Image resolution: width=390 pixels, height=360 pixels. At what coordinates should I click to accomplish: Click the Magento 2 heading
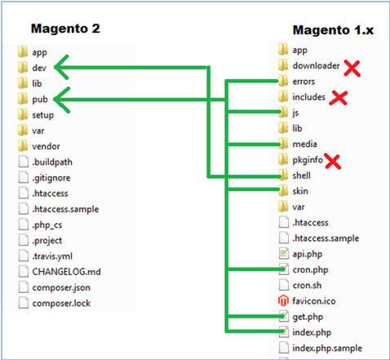(x=65, y=29)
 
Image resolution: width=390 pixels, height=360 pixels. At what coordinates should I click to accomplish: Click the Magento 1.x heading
(x=333, y=30)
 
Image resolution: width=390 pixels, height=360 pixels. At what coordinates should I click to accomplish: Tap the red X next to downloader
(x=352, y=68)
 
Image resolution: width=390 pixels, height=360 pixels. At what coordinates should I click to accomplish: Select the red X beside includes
(x=339, y=98)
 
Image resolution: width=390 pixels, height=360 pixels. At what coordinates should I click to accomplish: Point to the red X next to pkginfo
(x=333, y=162)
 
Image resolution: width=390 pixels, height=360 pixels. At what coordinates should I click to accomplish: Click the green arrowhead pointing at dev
(x=61, y=67)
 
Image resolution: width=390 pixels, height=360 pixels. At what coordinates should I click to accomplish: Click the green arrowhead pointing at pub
(x=62, y=100)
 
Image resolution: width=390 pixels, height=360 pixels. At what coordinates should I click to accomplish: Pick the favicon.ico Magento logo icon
(x=283, y=300)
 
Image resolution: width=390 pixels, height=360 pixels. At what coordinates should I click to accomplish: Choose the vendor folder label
(x=46, y=146)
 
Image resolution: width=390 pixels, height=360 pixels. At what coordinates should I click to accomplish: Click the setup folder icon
(x=23, y=114)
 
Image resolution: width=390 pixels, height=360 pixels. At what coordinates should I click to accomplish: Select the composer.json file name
(x=61, y=287)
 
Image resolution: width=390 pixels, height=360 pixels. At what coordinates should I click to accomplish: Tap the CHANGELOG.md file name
(x=66, y=272)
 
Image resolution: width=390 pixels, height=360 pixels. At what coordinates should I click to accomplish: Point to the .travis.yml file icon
(x=24, y=256)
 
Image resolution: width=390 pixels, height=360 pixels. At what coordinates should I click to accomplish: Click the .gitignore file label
(x=51, y=178)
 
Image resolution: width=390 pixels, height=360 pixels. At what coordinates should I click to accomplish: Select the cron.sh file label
(x=307, y=285)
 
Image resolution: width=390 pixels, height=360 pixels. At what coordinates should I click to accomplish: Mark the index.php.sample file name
(x=327, y=349)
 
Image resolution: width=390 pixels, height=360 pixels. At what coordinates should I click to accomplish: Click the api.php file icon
(x=284, y=254)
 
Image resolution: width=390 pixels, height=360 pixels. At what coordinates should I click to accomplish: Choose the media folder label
(x=304, y=144)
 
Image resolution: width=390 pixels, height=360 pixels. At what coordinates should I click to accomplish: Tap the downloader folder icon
(x=283, y=65)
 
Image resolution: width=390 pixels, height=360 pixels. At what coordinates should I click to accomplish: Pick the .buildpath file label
(x=52, y=162)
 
